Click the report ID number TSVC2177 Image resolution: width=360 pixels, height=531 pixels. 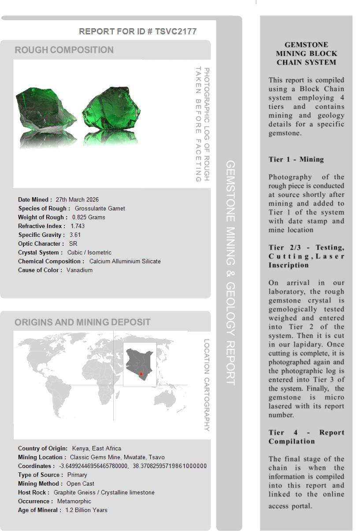(x=175, y=31)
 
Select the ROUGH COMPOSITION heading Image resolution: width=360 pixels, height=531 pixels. (x=64, y=50)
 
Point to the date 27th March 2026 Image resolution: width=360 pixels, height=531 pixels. (x=77, y=199)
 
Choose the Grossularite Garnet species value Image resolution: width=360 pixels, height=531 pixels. (x=100, y=208)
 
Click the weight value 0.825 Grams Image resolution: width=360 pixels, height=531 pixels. (x=89, y=217)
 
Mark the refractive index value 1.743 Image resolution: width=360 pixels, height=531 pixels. (x=78, y=226)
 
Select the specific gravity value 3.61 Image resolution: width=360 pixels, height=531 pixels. (x=75, y=235)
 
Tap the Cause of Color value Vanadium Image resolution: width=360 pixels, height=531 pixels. (x=80, y=270)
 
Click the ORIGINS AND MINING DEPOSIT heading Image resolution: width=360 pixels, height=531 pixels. (x=82, y=322)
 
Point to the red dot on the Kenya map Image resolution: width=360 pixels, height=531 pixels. (x=141, y=374)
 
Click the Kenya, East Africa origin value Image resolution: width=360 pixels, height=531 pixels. (x=96, y=448)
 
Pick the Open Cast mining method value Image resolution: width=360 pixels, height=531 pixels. (x=81, y=483)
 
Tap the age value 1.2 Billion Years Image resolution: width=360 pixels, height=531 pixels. (x=86, y=510)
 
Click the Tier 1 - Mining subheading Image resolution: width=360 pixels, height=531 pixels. (x=296, y=159)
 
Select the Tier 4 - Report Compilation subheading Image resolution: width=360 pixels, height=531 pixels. (x=306, y=437)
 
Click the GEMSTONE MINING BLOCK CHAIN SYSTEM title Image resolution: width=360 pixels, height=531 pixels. (x=306, y=53)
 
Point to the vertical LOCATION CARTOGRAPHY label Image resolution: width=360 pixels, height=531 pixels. (x=206, y=385)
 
